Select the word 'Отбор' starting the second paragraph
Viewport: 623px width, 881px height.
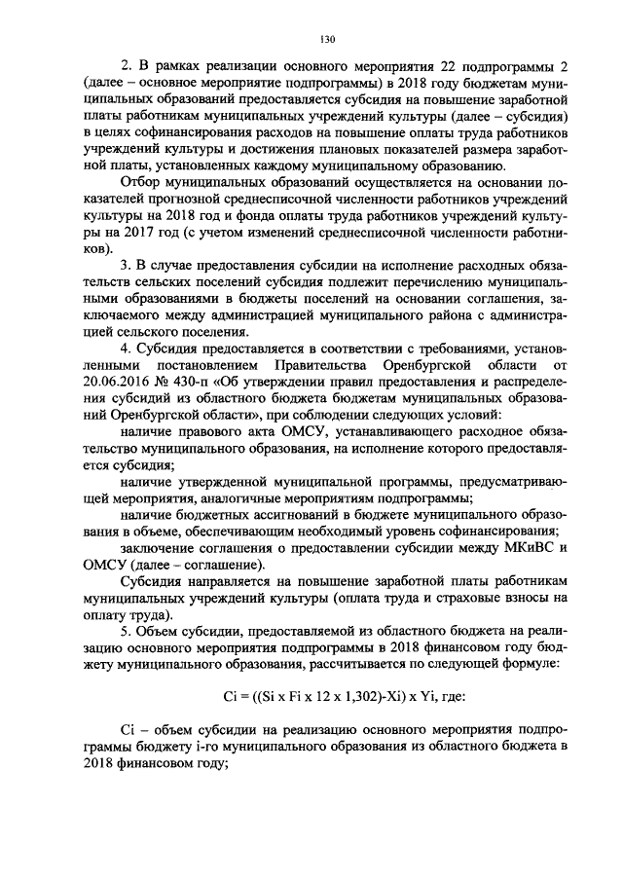point(138,182)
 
